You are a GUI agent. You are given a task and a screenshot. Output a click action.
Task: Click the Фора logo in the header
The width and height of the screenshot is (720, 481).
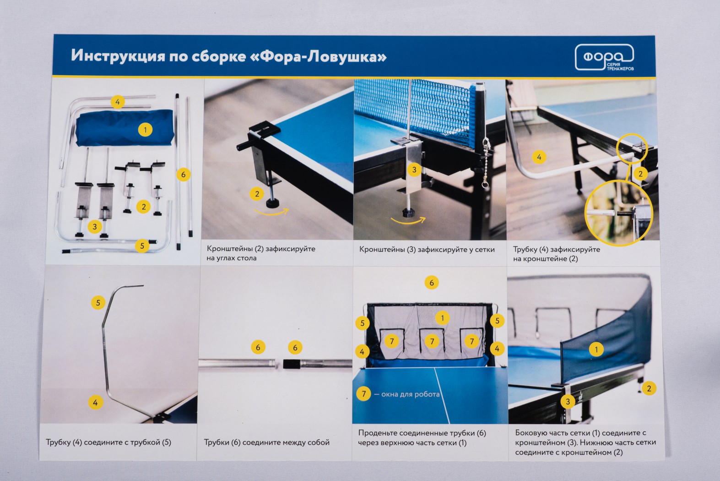tap(604, 57)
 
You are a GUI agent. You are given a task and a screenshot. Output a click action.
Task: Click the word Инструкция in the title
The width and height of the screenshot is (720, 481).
tap(118, 56)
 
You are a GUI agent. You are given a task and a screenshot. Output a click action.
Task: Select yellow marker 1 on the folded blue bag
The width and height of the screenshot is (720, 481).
tap(145, 130)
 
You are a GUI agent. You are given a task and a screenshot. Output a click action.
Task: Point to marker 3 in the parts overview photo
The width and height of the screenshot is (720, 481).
tap(94, 226)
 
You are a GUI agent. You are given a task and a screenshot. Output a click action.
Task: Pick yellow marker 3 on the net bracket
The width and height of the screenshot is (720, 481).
tap(414, 169)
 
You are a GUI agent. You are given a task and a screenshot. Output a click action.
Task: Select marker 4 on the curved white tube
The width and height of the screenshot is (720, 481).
tap(539, 157)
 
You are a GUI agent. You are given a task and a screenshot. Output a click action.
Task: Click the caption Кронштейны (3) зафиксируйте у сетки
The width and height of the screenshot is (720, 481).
tap(427, 249)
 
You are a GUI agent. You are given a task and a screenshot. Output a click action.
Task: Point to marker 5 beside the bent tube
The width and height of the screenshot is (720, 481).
tap(98, 303)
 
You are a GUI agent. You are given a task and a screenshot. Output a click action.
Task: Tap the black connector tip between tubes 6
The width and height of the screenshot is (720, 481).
tap(292, 364)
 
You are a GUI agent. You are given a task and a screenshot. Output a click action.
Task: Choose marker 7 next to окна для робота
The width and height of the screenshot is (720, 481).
tap(363, 394)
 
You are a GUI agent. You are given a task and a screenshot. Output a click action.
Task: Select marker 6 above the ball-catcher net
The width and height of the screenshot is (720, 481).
tap(431, 283)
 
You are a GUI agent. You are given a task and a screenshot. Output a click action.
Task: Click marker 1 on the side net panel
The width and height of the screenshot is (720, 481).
tap(596, 349)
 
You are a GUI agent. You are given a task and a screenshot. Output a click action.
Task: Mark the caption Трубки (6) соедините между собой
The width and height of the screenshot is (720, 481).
tap(267, 443)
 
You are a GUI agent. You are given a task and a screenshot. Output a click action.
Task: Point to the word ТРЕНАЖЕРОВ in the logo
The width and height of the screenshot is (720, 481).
tap(620, 69)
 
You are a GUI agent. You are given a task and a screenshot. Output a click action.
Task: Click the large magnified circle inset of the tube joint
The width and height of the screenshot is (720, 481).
tap(619, 213)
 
